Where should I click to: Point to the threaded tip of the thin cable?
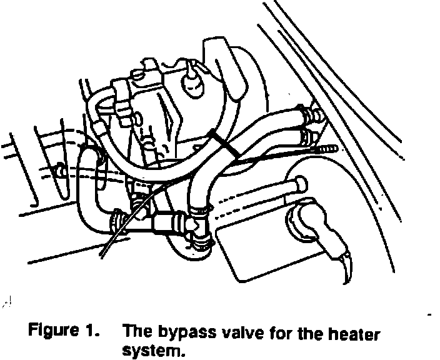click(328, 149)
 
